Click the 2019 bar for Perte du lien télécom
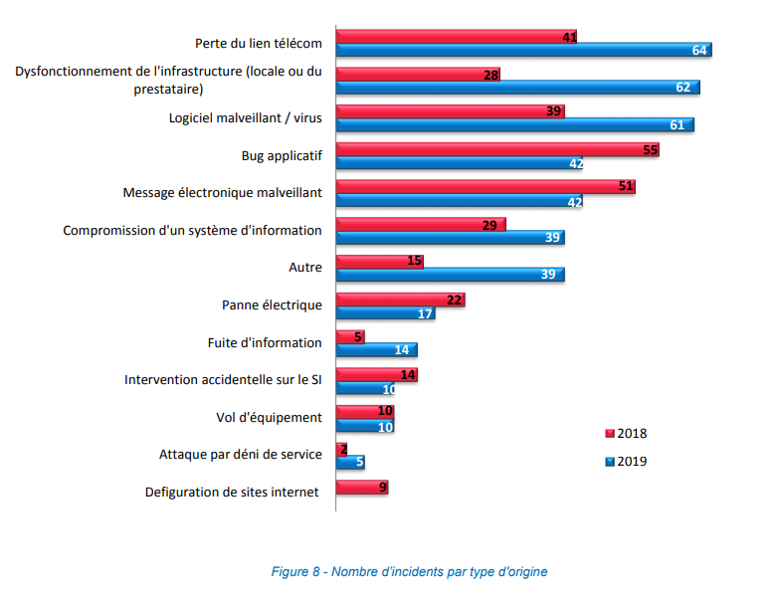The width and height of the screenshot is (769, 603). click(x=522, y=50)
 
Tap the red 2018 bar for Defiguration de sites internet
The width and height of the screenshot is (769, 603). click(x=361, y=488)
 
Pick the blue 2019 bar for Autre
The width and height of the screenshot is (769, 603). click(x=450, y=275)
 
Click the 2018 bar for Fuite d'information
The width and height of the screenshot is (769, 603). click(x=350, y=337)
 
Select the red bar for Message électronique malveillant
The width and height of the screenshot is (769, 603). click(x=485, y=186)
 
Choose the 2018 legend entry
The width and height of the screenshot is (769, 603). click(x=626, y=434)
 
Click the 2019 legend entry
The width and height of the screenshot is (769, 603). click(x=626, y=461)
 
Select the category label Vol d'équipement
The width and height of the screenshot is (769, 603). click(x=269, y=417)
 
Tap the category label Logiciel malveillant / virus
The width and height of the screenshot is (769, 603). click(x=245, y=118)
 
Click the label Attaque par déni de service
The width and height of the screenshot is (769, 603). click(x=241, y=454)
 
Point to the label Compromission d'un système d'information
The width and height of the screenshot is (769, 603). click(x=192, y=230)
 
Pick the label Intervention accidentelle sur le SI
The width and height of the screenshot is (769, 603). click(x=223, y=379)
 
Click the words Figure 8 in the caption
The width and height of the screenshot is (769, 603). click(x=295, y=572)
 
